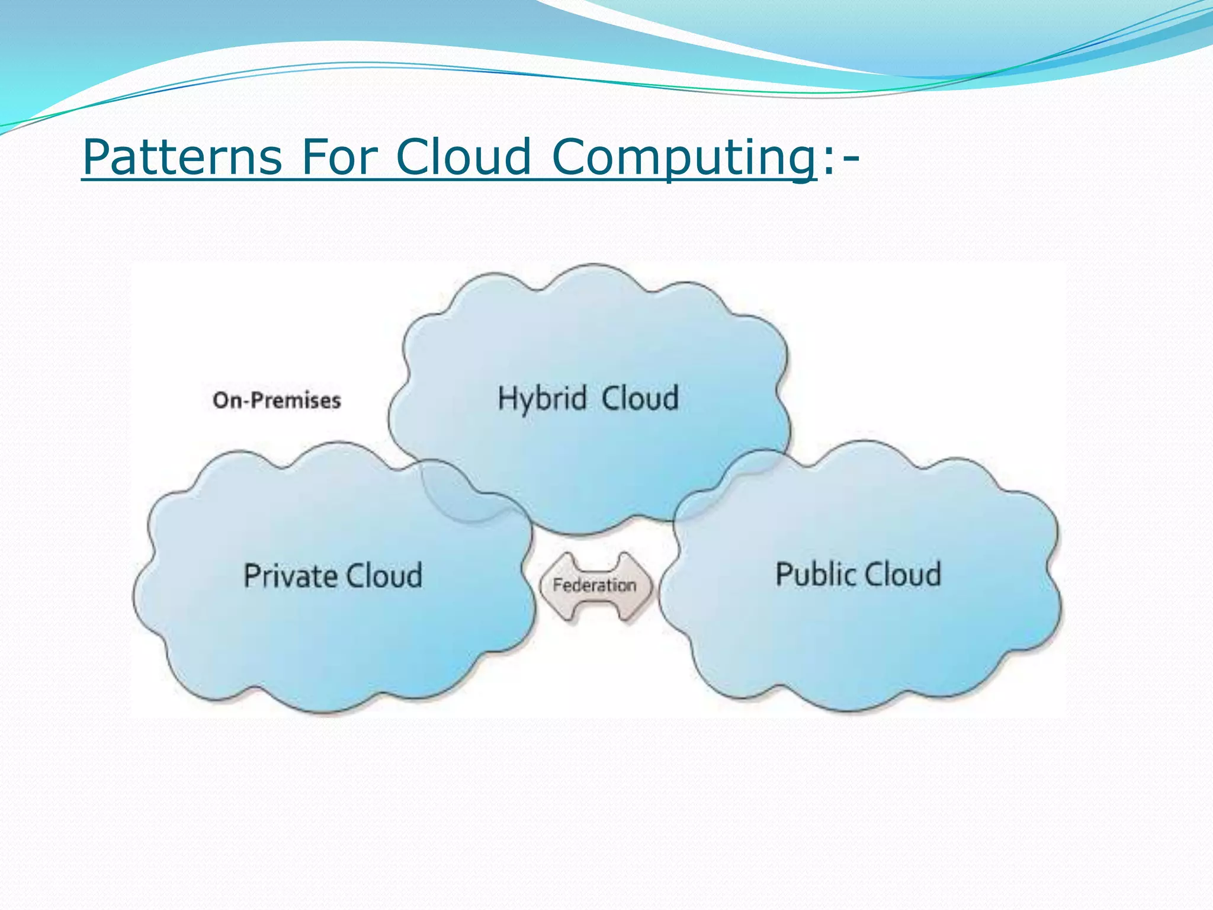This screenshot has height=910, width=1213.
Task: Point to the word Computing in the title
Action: (684, 158)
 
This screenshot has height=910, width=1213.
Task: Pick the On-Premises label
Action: (277, 400)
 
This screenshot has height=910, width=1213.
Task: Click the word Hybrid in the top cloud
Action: (542, 398)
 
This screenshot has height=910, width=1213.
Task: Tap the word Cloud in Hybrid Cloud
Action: (640, 398)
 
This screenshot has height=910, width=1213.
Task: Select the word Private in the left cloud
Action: (290, 576)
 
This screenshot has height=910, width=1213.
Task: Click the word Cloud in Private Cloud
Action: (384, 576)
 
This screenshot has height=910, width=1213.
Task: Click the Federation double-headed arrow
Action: (595, 586)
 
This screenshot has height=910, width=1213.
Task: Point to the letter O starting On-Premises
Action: (221, 400)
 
